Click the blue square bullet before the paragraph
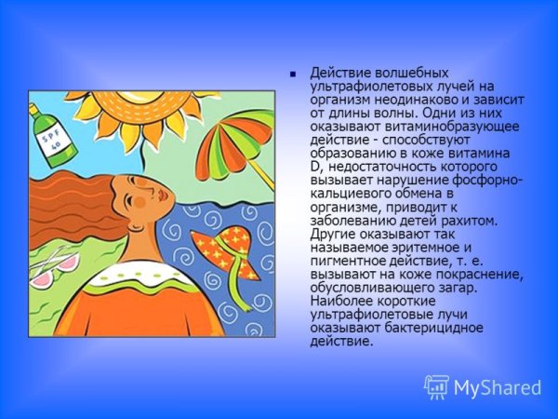click(x=293, y=74)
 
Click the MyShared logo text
click(x=498, y=386)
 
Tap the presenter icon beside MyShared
click(x=437, y=386)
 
